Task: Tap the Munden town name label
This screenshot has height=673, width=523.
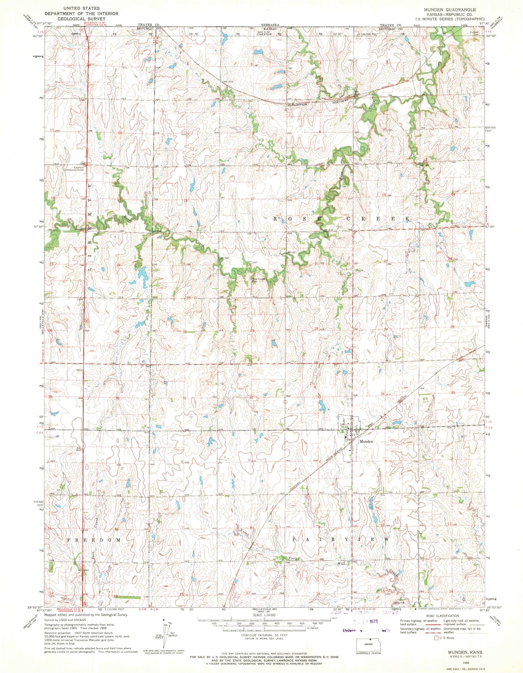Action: (x=366, y=442)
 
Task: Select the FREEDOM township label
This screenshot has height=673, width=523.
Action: (x=94, y=540)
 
